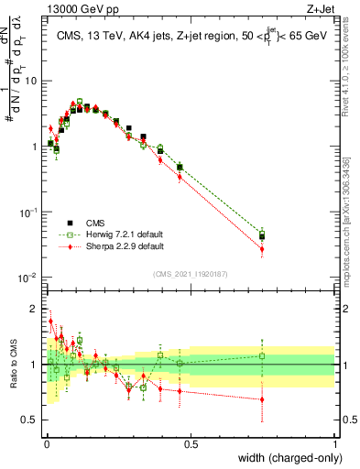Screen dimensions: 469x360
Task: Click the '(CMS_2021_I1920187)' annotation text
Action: (190, 272)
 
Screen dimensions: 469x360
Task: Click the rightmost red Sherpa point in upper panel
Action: (263, 248)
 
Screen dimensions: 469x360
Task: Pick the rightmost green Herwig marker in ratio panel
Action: (263, 356)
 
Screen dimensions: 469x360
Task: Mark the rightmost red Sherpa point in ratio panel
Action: (263, 398)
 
